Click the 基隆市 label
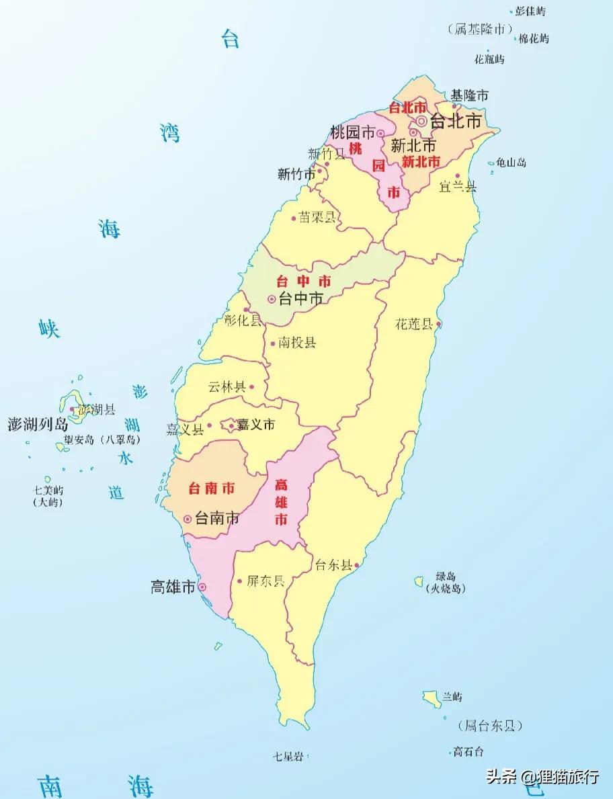(x=470, y=95)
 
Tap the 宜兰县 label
(x=458, y=186)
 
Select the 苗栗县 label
(x=317, y=218)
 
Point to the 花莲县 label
(x=414, y=325)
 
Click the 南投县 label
(x=298, y=343)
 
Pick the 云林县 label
(x=227, y=387)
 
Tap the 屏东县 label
(x=265, y=581)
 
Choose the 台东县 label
(x=333, y=565)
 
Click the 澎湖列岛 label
(x=38, y=424)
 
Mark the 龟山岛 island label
(x=511, y=163)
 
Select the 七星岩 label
(x=288, y=757)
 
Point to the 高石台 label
(x=468, y=751)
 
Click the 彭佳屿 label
(x=531, y=11)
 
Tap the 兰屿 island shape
(x=432, y=698)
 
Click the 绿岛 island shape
(x=419, y=580)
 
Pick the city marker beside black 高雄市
(x=202, y=587)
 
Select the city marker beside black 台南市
(x=188, y=519)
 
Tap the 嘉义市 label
(x=256, y=425)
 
